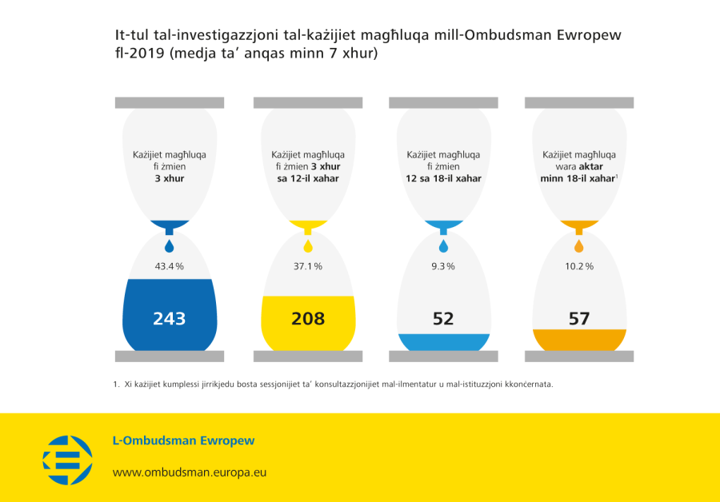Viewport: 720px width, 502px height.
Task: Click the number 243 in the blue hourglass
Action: (x=170, y=318)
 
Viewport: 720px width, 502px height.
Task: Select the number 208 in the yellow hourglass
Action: (x=308, y=318)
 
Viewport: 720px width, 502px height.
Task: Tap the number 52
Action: (x=443, y=318)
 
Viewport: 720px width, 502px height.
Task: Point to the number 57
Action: (x=579, y=318)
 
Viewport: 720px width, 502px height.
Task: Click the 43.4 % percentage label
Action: (x=169, y=266)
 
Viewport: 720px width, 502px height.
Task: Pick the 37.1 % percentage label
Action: (x=307, y=266)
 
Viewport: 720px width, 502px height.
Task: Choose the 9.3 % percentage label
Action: (x=443, y=266)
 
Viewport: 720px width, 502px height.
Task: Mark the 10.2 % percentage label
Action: (x=579, y=266)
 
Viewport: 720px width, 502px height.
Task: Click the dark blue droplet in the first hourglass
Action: (x=169, y=245)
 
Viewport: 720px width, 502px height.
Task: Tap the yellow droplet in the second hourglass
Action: (x=308, y=245)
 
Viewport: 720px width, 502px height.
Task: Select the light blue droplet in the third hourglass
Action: (x=443, y=245)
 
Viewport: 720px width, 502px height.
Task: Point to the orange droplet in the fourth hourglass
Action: (x=579, y=245)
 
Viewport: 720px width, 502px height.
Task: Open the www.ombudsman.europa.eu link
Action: (x=189, y=472)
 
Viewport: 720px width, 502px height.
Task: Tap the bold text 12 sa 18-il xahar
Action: (x=443, y=179)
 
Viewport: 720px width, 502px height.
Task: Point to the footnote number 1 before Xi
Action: (x=117, y=384)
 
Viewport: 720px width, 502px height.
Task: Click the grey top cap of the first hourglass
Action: (x=170, y=102)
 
